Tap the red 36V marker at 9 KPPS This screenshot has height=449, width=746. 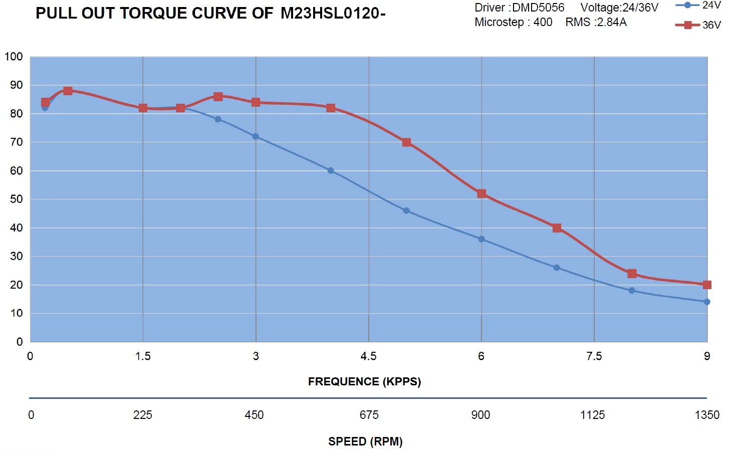coord(707,285)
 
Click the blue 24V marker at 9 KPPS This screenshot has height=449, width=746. coord(707,302)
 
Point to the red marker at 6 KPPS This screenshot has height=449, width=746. coord(481,193)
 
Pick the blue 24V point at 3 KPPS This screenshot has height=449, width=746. coord(256,136)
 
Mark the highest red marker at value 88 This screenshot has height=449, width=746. coord(68,91)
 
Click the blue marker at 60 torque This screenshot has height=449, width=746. coord(331,170)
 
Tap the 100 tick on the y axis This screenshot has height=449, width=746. coord(14,57)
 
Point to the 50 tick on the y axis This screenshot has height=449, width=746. coord(17,199)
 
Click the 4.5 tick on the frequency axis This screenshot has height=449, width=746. coord(368,356)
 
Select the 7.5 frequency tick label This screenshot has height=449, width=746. coord(594,356)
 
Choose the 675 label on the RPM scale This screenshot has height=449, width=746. coord(369,415)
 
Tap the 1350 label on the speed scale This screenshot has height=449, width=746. coord(707,415)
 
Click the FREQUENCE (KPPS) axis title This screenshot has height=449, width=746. coord(364,382)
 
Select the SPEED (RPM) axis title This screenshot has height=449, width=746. coord(365,441)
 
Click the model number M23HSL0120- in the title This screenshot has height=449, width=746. coord(333,14)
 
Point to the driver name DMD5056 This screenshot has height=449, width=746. coord(538,8)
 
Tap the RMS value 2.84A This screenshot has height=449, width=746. coord(611,22)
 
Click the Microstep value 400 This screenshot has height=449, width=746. coord(543,22)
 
